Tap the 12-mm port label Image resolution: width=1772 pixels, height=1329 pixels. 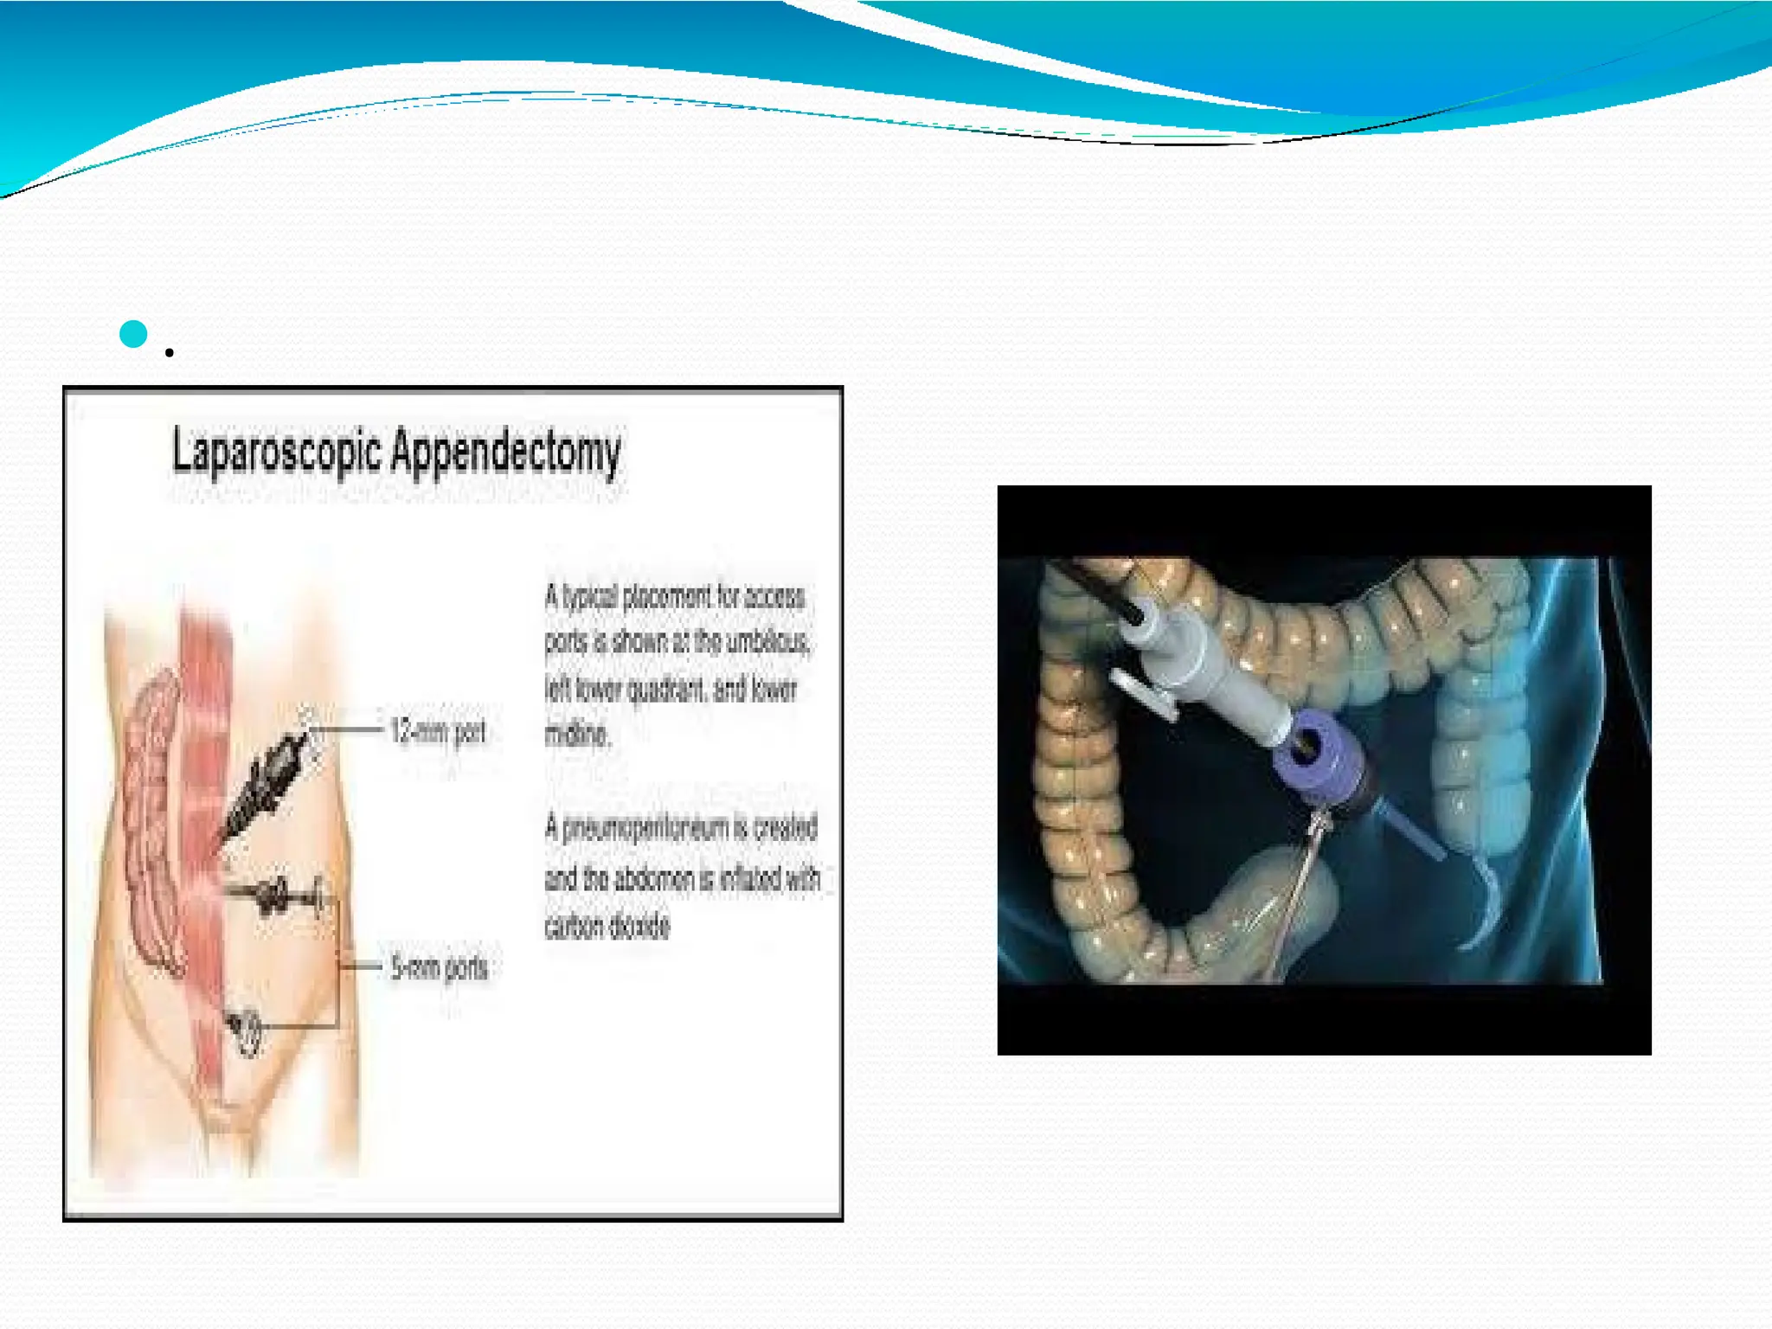[438, 732]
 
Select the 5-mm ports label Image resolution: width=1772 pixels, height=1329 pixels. [440, 967]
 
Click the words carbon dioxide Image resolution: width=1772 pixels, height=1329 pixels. [607, 927]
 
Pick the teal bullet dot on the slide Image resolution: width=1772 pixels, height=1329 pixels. [133, 334]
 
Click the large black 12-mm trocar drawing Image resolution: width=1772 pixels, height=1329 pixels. [268, 779]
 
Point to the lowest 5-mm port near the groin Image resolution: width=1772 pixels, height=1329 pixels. [247, 1030]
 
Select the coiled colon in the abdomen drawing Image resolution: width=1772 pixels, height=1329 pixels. [149, 822]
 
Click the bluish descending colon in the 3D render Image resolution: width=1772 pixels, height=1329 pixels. [1471, 744]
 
